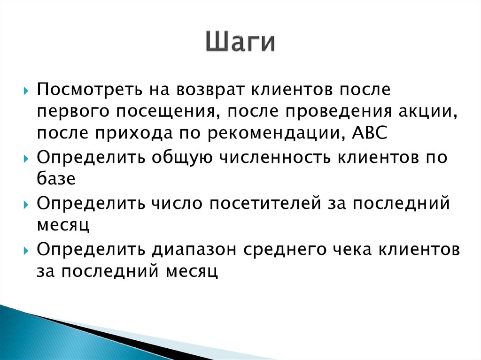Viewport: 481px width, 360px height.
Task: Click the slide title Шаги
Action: click(x=240, y=43)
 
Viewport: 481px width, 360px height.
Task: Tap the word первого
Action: click(x=66, y=111)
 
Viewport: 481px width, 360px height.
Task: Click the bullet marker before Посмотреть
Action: click(x=26, y=89)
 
